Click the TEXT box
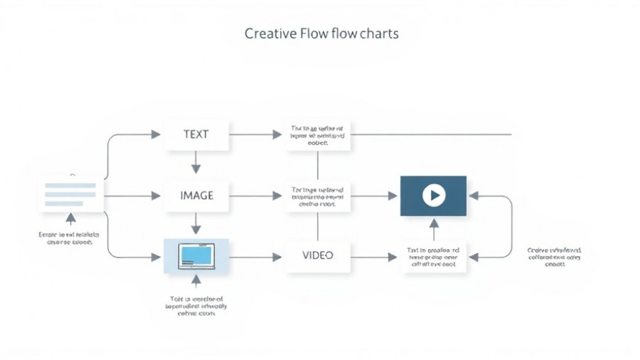point(196,134)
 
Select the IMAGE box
point(196,195)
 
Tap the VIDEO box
point(317,255)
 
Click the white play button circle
point(433,195)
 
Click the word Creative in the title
point(269,33)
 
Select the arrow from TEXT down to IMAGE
point(196,164)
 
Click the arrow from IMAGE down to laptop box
point(196,225)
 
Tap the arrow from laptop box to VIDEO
point(256,256)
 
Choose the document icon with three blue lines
point(70,194)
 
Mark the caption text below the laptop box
point(196,306)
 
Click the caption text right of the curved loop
point(555,257)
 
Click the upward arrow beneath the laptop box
point(196,282)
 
